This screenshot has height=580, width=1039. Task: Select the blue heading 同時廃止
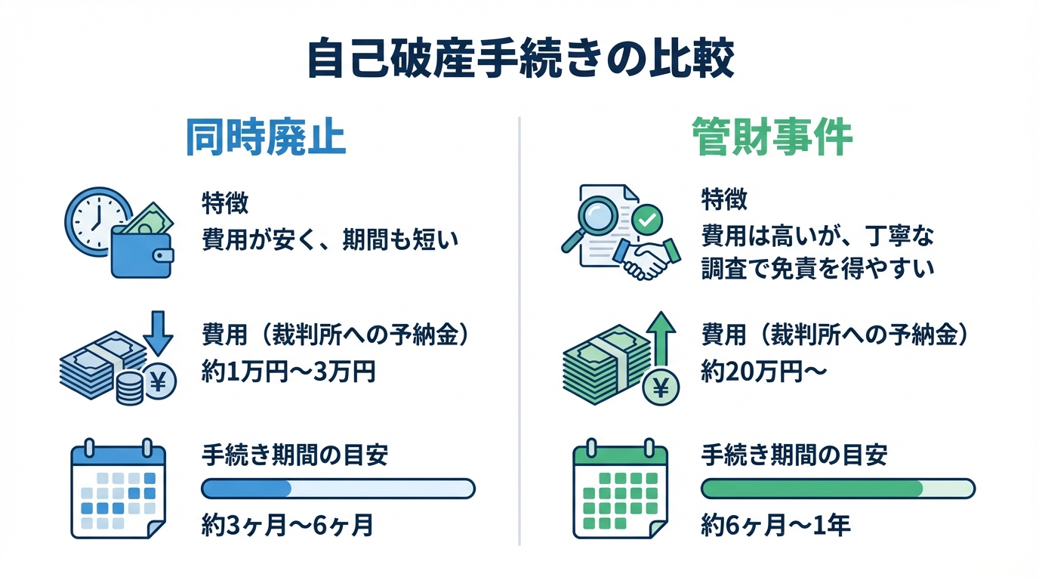point(265,139)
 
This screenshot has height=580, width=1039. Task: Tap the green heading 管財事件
point(772,139)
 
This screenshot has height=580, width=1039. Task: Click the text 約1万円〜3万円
point(288,372)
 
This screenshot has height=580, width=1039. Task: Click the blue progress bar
point(338,489)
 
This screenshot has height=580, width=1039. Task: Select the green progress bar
point(838,489)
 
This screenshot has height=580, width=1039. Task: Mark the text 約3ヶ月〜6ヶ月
point(288,524)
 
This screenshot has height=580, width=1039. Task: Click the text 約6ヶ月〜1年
point(776,524)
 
